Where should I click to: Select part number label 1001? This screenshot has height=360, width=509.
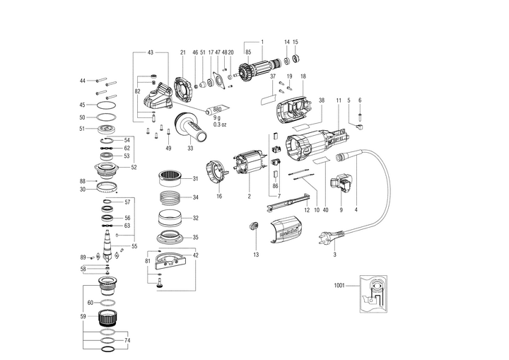[x=339, y=285]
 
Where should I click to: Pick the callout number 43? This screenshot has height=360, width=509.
[x=151, y=53]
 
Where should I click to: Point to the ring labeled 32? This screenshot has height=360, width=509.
[x=168, y=216]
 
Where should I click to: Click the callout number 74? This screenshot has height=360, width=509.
[x=128, y=340]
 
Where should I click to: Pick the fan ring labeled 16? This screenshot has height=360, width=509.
[x=216, y=174]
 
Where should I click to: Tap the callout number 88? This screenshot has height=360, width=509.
[x=83, y=181]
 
